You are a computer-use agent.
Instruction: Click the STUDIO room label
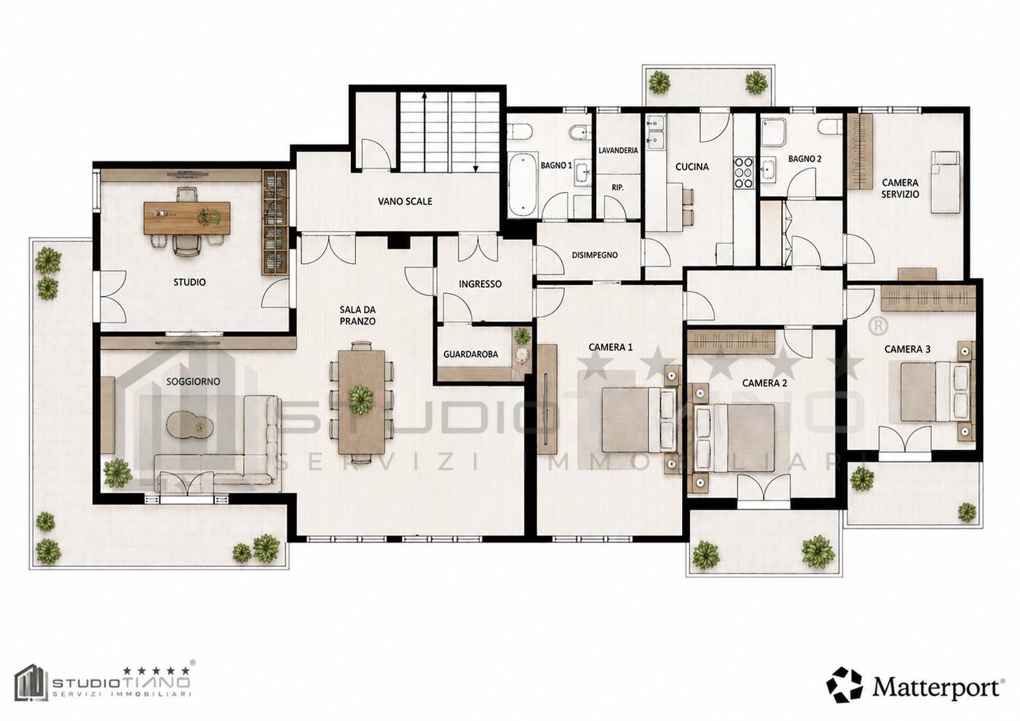point(189,282)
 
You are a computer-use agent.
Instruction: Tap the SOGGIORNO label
point(193,381)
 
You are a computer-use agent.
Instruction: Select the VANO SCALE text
point(405,201)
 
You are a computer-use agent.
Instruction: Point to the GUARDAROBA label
point(471,354)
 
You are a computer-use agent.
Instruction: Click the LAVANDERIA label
point(618,150)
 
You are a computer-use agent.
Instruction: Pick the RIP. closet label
point(618,187)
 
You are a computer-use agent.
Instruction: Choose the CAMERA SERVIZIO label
point(900,189)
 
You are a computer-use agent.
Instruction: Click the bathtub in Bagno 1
point(523,185)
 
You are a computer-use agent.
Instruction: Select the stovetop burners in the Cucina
point(744,172)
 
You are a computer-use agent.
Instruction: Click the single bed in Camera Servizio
point(945,182)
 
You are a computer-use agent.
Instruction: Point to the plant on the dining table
point(361,399)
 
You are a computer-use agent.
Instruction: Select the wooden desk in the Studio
point(187,218)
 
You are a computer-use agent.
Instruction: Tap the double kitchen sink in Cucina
point(656,133)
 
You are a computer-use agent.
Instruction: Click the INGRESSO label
point(480,284)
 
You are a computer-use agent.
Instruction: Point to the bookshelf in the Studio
point(275,222)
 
